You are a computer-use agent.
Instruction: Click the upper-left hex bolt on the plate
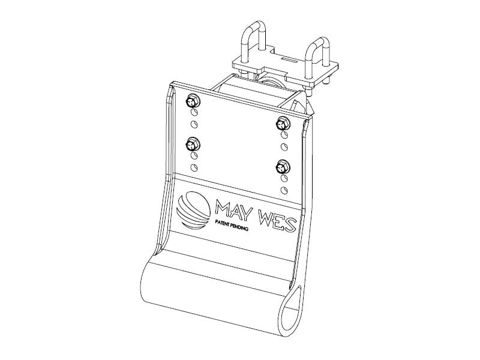[x=193, y=101]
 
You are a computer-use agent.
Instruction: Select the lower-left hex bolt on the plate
[x=193, y=144]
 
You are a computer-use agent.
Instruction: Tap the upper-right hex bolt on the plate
[x=283, y=124]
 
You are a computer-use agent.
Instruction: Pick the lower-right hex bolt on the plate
[x=283, y=167]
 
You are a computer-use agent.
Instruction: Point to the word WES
[x=277, y=221]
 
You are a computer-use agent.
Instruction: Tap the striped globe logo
[x=194, y=209]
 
